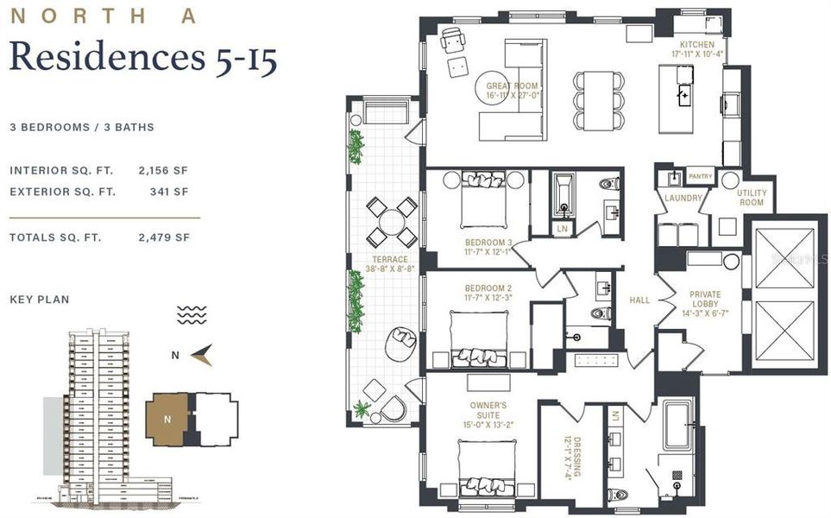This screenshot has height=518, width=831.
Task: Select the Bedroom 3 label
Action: [488, 247]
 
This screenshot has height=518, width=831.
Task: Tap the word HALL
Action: [639, 300]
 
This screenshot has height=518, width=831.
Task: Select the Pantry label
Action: [701, 176]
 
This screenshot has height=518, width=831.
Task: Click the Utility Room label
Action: [751, 198]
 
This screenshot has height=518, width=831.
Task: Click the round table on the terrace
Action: [392, 221]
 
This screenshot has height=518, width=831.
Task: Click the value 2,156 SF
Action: [164, 170]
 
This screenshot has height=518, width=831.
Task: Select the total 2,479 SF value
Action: [164, 237]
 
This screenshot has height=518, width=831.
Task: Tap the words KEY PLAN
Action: [40, 300]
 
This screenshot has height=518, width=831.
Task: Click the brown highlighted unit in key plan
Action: [167, 419]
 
